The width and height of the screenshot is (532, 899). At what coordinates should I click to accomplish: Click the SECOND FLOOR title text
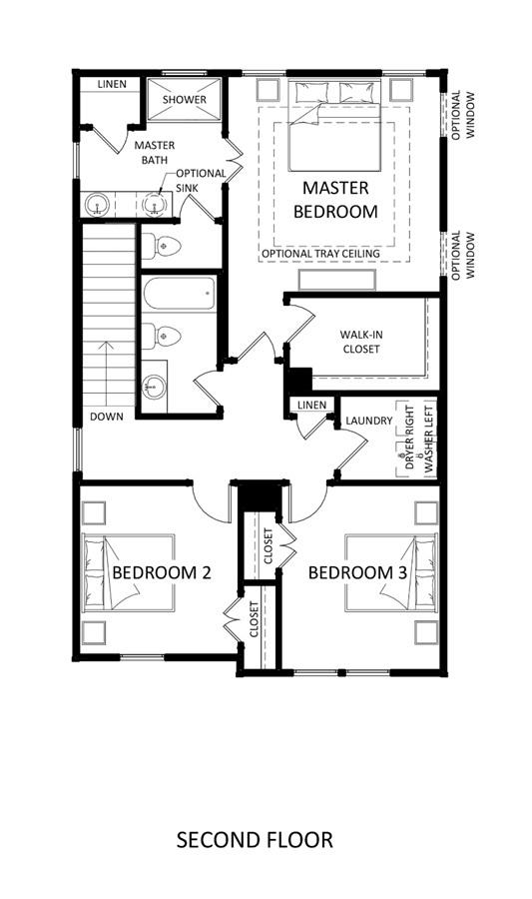(255, 840)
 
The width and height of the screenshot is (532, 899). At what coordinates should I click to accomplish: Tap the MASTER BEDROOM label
(335, 200)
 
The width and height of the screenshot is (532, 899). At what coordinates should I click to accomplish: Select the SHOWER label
(184, 99)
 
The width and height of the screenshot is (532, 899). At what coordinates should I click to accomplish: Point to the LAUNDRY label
(369, 421)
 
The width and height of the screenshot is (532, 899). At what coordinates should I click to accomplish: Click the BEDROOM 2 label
(162, 572)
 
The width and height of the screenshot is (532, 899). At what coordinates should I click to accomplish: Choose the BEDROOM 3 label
(358, 572)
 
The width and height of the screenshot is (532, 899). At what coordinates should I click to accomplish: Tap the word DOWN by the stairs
(107, 417)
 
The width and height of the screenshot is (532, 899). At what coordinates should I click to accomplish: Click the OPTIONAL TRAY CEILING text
(320, 254)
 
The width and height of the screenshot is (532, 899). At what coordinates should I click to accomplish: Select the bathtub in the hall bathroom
(180, 295)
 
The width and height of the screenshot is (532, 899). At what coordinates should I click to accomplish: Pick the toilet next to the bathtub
(162, 336)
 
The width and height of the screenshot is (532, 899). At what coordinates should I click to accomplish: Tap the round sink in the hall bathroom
(153, 385)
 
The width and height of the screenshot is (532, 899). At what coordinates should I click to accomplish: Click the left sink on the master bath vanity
(98, 205)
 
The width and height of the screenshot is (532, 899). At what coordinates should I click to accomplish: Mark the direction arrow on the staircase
(106, 373)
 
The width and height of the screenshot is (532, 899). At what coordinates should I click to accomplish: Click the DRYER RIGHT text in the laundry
(409, 438)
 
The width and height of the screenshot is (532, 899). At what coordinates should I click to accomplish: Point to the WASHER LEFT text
(428, 437)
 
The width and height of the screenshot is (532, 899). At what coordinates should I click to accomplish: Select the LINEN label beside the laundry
(312, 405)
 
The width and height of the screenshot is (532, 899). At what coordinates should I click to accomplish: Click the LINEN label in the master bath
(112, 84)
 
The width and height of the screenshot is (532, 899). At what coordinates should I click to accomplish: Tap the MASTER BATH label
(155, 153)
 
